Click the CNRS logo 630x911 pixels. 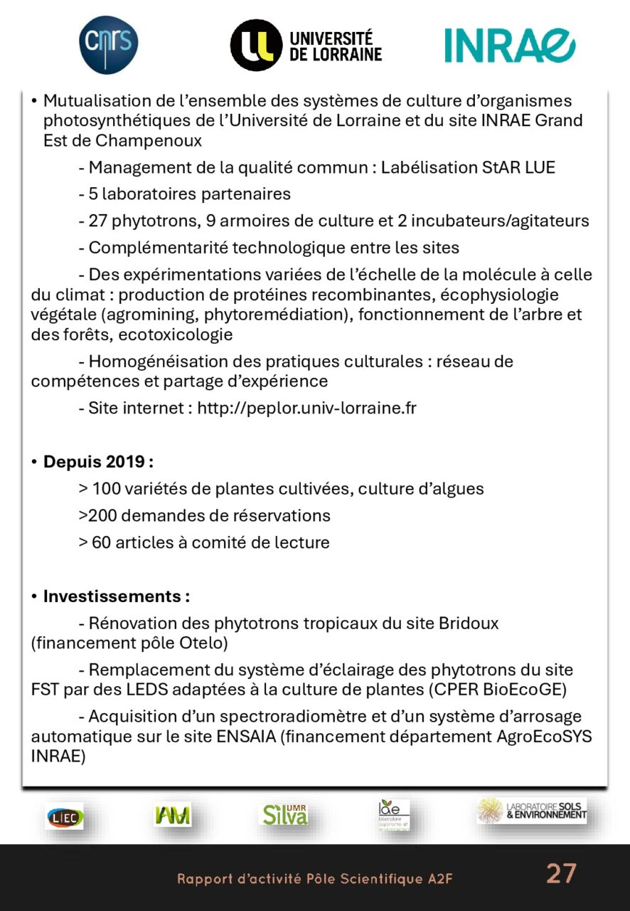[x=108, y=45]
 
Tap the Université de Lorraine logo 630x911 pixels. [x=306, y=46]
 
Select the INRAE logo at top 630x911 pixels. [x=509, y=46]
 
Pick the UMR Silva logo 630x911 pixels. [x=285, y=814]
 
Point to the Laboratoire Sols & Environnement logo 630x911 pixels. [x=532, y=811]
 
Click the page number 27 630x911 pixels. [x=561, y=873]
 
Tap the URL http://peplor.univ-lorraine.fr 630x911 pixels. [x=306, y=408]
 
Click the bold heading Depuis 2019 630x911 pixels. [x=98, y=461]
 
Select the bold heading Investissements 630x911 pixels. [x=116, y=596]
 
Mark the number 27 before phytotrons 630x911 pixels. [x=97, y=221]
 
